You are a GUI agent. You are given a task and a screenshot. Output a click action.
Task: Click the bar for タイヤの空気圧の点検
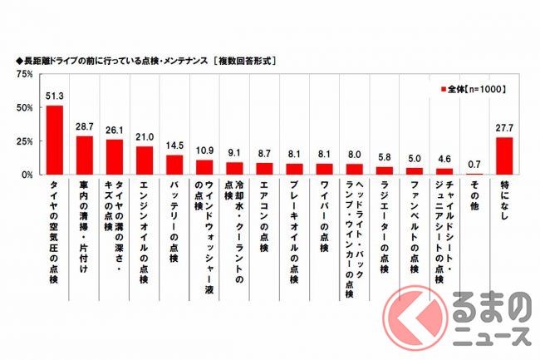pos(55,141)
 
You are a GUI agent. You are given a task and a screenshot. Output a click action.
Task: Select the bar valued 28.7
pos(85,155)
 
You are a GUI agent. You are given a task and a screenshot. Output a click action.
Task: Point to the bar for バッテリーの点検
pos(174,165)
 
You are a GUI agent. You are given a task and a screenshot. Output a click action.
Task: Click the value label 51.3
pos(55,97)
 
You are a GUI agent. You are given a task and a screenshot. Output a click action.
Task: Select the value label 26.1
pos(115,131)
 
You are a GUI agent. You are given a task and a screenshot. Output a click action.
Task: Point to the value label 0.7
pos(474,165)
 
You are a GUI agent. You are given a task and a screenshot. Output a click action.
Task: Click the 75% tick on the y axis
pos(24,74)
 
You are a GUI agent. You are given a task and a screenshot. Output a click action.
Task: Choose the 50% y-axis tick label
pos(24,108)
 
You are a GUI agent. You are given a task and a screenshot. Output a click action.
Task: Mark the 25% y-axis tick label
pos(24,141)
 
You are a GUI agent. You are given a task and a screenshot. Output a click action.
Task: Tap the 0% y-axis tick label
pos(27,175)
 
